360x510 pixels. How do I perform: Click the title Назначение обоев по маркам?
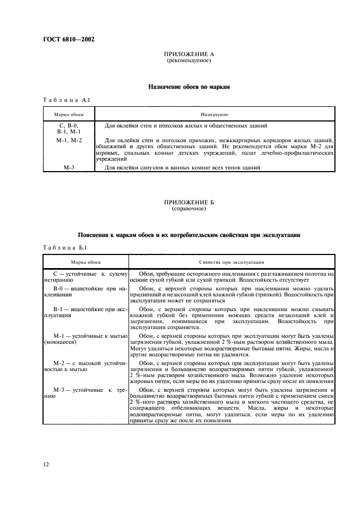click(x=188, y=87)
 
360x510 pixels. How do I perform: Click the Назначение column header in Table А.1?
click(x=214, y=114)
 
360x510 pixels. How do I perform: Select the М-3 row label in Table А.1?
click(x=69, y=168)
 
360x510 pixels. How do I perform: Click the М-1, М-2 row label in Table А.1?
click(x=69, y=141)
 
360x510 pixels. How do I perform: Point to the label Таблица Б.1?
click(x=62, y=248)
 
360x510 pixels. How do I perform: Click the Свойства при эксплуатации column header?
click(x=231, y=262)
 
